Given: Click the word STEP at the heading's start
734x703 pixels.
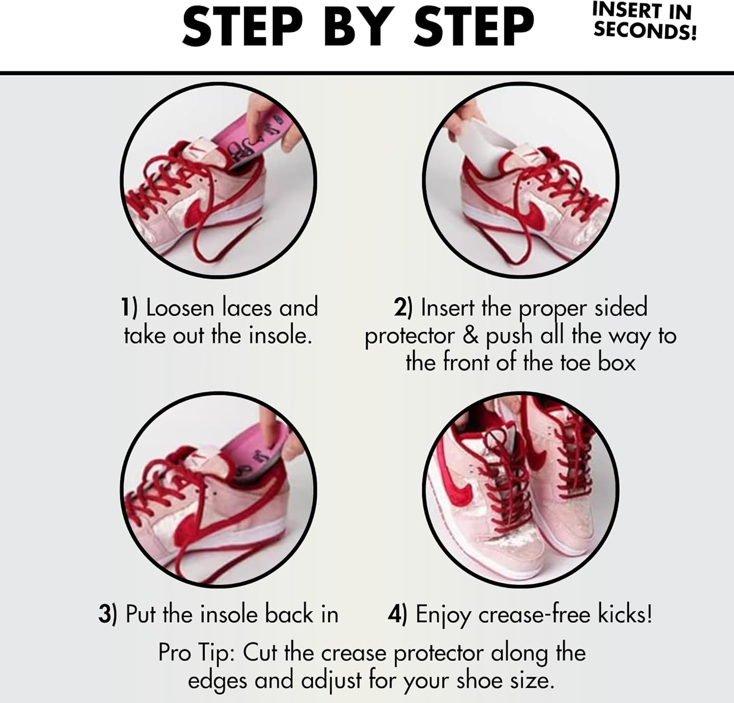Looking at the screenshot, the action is (x=243, y=26).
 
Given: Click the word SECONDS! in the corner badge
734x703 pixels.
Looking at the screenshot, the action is (x=645, y=30).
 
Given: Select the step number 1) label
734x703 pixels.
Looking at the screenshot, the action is (x=129, y=308).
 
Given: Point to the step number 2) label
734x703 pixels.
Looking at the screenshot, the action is (x=404, y=308).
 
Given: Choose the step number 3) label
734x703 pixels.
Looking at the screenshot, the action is (x=108, y=614).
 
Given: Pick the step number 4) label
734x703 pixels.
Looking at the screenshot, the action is (x=397, y=614).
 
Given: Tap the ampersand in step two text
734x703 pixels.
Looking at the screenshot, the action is (x=470, y=336).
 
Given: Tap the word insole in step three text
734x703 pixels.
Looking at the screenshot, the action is (x=230, y=614).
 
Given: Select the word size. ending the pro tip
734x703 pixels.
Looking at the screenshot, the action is (x=531, y=681).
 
